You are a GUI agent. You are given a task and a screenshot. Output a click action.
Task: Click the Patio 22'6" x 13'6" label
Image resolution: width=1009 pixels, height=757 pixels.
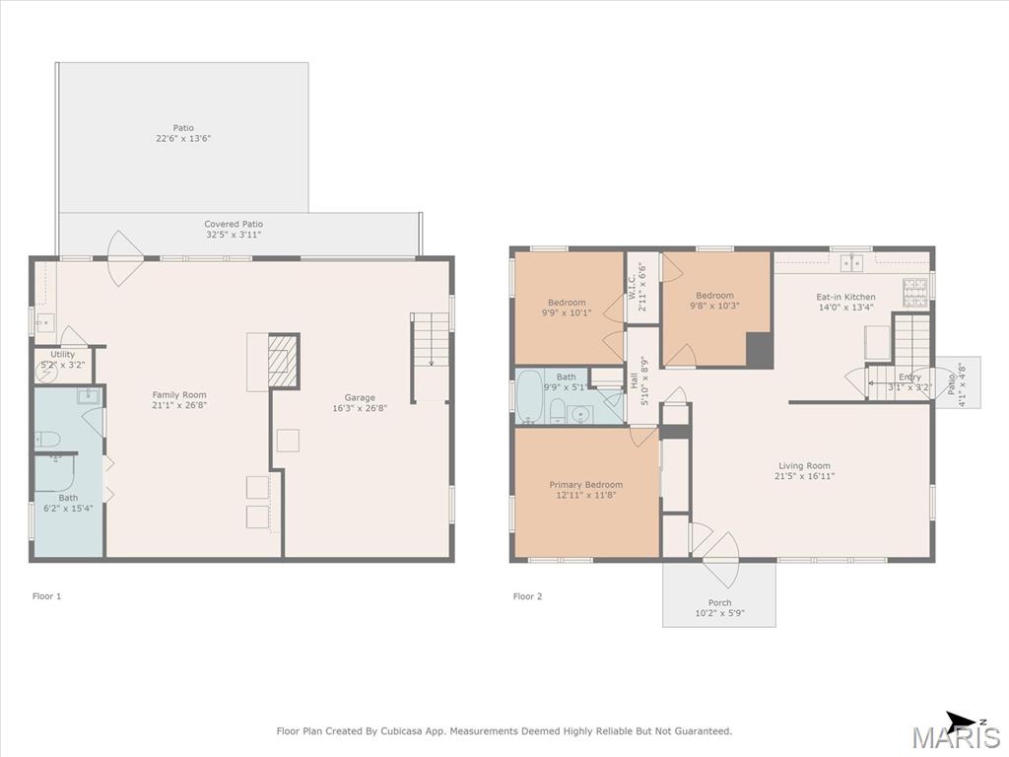coord(183,133)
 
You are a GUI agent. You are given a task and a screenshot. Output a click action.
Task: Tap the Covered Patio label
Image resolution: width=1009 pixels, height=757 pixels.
coord(234,229)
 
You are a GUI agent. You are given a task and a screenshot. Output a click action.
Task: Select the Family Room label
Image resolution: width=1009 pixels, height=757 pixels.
coord(179,400)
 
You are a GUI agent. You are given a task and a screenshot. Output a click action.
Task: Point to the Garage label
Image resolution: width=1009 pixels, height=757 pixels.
coord(359,402)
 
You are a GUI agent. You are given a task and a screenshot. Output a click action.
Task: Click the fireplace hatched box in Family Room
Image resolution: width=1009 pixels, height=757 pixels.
coord(283,361)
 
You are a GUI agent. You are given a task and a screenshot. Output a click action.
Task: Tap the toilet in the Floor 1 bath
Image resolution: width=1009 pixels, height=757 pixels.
coord(47,440)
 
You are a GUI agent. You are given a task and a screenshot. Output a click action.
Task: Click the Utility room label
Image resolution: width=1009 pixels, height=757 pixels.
coord(62,359)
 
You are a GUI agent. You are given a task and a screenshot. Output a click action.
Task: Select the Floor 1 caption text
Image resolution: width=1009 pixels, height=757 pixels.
coord(46,596)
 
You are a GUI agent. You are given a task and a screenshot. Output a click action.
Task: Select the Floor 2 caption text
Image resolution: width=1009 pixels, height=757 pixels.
coord(527,596)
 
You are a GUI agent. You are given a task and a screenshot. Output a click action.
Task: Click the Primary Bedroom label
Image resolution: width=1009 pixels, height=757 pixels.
coord(585,490)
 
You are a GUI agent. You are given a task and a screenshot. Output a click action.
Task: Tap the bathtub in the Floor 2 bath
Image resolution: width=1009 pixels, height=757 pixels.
coord(530,396)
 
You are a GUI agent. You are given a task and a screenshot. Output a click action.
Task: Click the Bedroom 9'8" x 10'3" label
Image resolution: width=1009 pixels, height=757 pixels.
coord(714,301)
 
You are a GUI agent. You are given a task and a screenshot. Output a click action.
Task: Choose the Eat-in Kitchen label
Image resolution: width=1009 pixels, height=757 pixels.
coord(845,302)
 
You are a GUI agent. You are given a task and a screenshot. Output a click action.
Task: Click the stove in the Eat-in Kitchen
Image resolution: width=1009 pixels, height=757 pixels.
coord(915,292)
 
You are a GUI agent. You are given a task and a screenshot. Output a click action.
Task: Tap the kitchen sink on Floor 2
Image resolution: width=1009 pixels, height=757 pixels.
coord(852,262)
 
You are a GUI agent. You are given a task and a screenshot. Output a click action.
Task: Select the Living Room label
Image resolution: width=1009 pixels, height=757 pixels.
coord(804,470)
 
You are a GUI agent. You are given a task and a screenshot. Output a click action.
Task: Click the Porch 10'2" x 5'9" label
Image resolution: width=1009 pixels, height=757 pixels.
coord(719,607)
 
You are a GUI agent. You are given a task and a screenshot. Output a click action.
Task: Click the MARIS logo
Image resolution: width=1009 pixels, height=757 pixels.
coord(957,737)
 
